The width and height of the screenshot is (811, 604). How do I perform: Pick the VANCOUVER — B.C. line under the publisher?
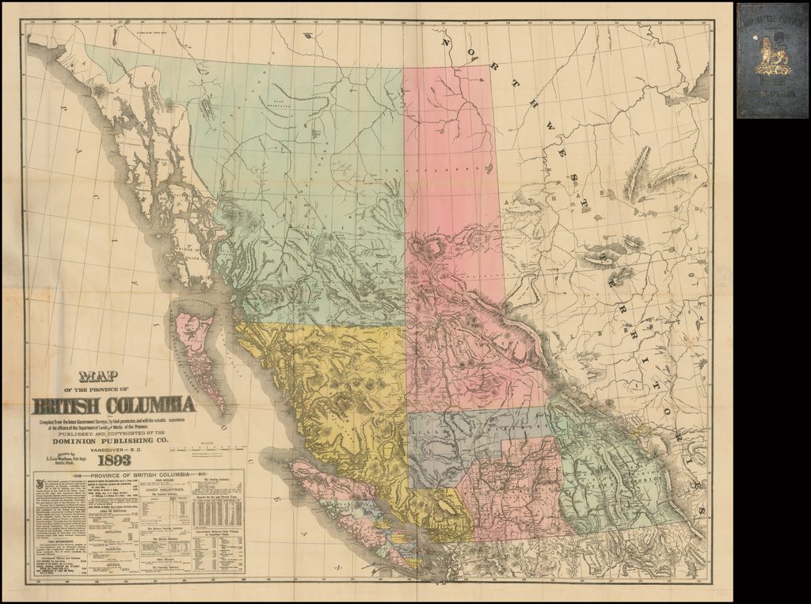click(116, 449)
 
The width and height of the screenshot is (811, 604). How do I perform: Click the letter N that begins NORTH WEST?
click(447, 41)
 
